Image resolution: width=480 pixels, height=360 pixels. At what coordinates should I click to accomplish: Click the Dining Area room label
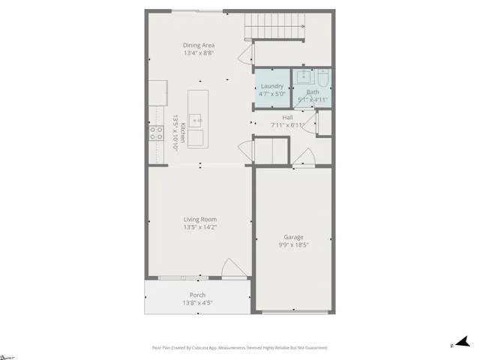(198, 45)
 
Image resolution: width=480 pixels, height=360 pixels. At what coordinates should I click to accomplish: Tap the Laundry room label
(271, 86)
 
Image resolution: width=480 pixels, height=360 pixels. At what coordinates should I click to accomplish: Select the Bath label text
(312, 91)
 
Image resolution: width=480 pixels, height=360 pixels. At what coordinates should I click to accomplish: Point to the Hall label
(287, 118)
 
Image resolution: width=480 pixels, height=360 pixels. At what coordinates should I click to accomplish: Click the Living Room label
(200, 219)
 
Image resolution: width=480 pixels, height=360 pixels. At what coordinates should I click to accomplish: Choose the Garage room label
(293, 237)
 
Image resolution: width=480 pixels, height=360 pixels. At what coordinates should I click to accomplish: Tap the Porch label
(197, 295)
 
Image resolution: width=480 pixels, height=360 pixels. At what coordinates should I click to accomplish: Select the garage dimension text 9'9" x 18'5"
(293, 244)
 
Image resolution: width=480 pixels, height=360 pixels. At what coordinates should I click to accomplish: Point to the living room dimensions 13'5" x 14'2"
(200, 226)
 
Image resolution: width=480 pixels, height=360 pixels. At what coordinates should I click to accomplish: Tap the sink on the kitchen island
(196, 120)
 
